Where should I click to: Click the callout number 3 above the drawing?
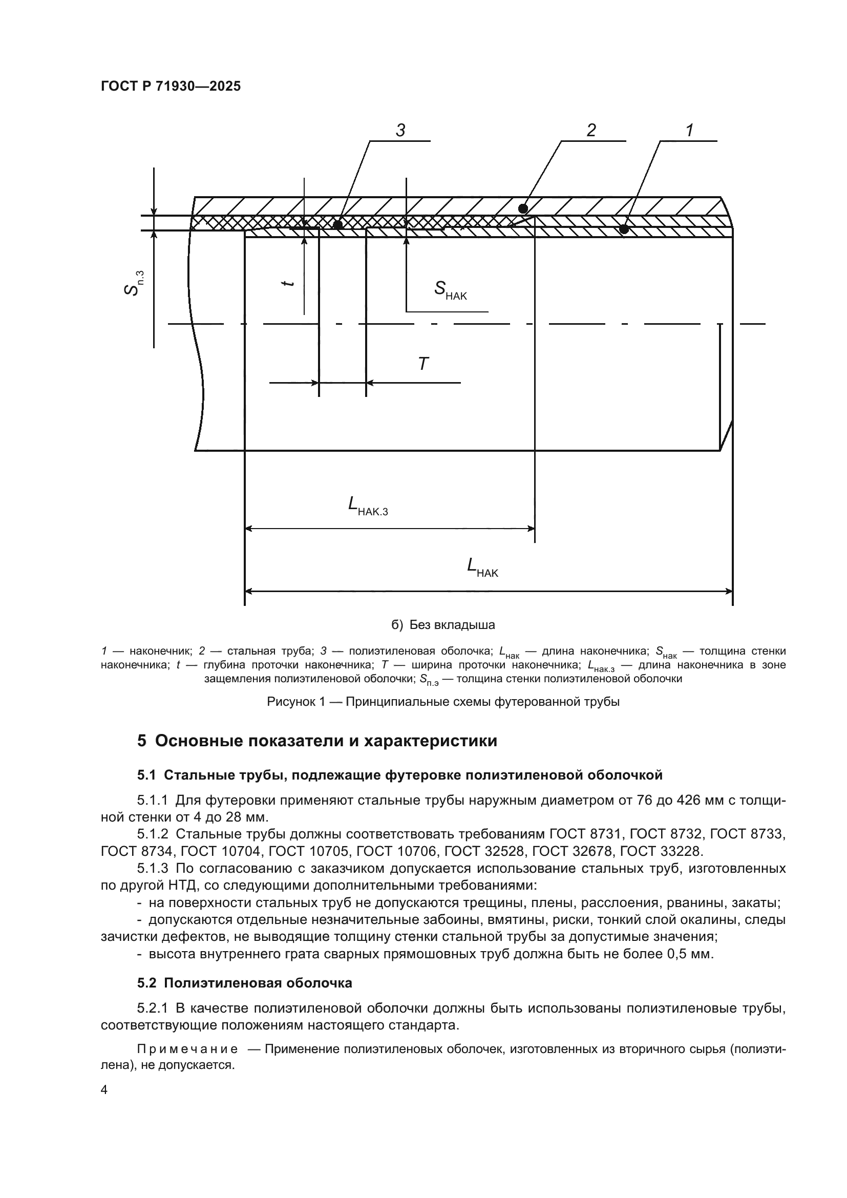pos(400,131)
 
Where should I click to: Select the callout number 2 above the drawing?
pos(591,131)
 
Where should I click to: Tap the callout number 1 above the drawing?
pos(689,131)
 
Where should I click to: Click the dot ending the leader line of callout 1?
pos(624,229)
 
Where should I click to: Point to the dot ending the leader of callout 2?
pos(523,208)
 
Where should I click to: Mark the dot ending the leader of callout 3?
pos(337,225)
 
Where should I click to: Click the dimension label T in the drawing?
pos(423,364)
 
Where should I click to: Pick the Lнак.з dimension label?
pos(368,506)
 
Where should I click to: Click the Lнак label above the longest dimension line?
pos(482,567)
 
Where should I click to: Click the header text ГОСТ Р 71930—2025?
pos(171,87)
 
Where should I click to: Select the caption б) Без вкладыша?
pos(443,624)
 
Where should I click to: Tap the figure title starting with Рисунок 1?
pos(443,702)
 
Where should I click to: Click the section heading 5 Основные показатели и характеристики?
pos(317,741)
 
